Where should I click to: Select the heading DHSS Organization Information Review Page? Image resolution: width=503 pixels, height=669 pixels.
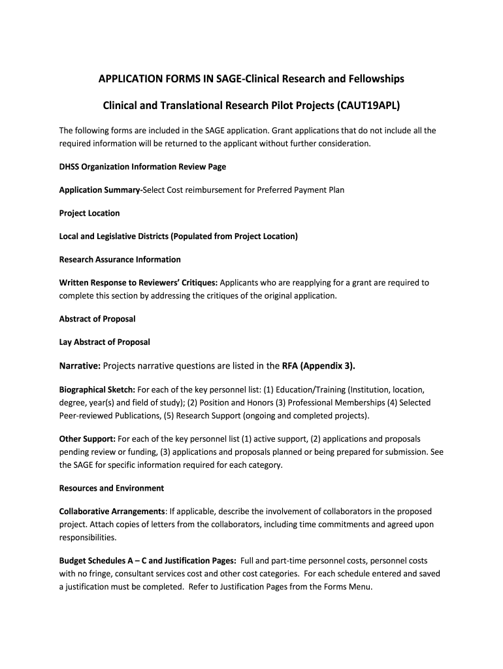point(142,167)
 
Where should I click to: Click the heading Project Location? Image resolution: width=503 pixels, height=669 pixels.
point(89,213)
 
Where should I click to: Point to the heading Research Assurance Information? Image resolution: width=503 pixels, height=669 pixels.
point(120,259)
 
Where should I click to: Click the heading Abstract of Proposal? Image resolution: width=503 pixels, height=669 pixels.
point(97,319)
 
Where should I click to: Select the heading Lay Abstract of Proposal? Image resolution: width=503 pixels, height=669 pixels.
point(105,342)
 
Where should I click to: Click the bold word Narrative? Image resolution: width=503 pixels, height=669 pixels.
point(80,366)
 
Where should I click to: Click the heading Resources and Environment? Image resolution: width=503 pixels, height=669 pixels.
point(112,488)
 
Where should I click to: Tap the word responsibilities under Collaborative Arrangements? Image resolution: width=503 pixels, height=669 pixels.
point(88,538)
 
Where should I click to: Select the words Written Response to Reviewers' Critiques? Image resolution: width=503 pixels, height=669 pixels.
point(138,283)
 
